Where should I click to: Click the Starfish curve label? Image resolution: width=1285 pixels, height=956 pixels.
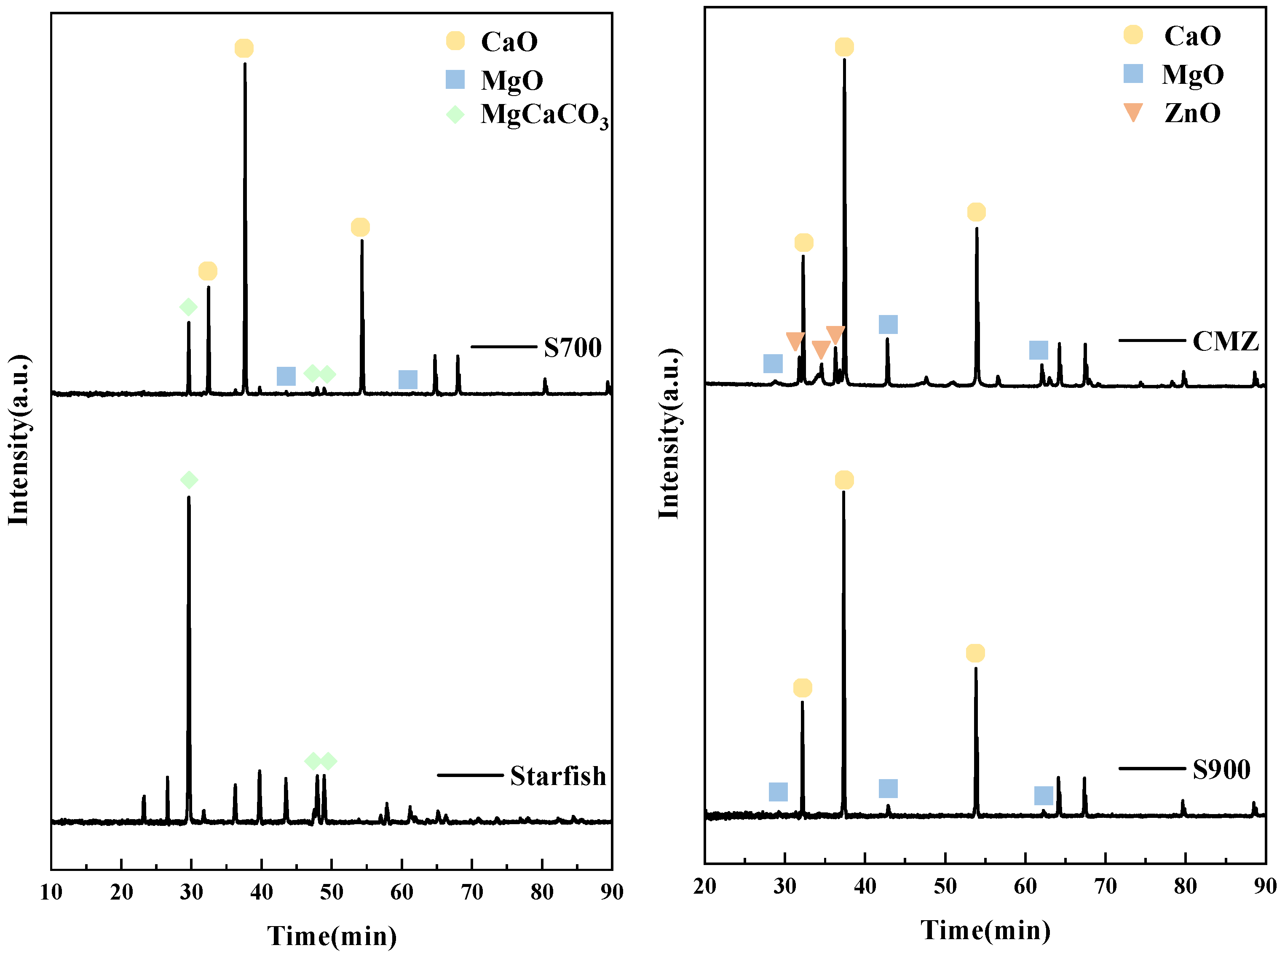click(x=557, y=776)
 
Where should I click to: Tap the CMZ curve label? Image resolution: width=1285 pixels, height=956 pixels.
click(x=1225, y=342)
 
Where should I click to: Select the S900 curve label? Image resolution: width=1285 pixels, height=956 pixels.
click(x=1221, y=769)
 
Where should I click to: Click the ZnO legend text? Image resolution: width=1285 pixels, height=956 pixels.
click(x=1192, y=113)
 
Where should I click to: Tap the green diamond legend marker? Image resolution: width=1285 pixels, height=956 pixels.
click(x=455, y=115)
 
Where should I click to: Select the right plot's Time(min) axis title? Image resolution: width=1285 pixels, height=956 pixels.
click(x=985, y=930)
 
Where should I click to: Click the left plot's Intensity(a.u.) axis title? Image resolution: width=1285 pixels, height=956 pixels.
click(x=19, y=440)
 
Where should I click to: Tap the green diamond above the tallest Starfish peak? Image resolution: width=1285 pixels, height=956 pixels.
click(x=189, y=480)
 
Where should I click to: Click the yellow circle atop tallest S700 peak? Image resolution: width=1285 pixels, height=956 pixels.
click(x=244, y=48)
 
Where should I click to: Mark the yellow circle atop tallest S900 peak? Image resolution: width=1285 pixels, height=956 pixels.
click(x=844, y=480)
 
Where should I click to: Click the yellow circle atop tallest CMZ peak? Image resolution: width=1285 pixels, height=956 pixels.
click(x=844, y=47)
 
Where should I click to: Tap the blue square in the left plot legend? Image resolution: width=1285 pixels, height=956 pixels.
click(x=455, y=79)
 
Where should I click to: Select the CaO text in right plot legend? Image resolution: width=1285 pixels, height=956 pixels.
click(x=1192, y=36)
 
